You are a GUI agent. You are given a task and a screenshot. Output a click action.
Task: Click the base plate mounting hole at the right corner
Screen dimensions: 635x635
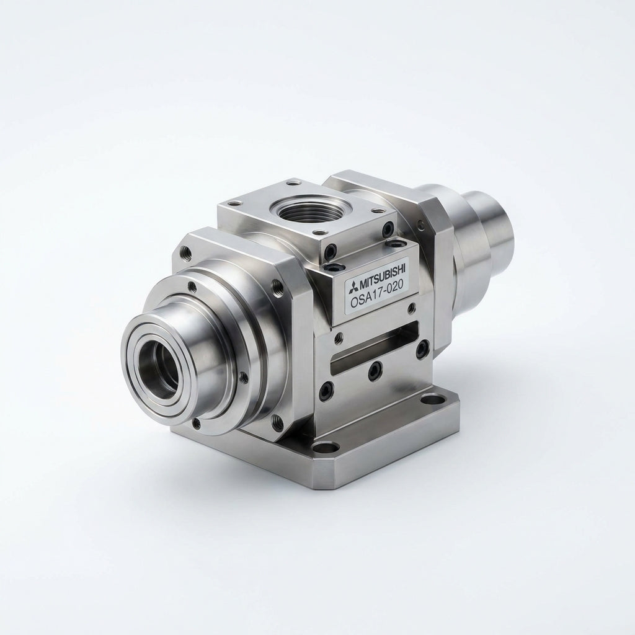pos(435,401)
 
